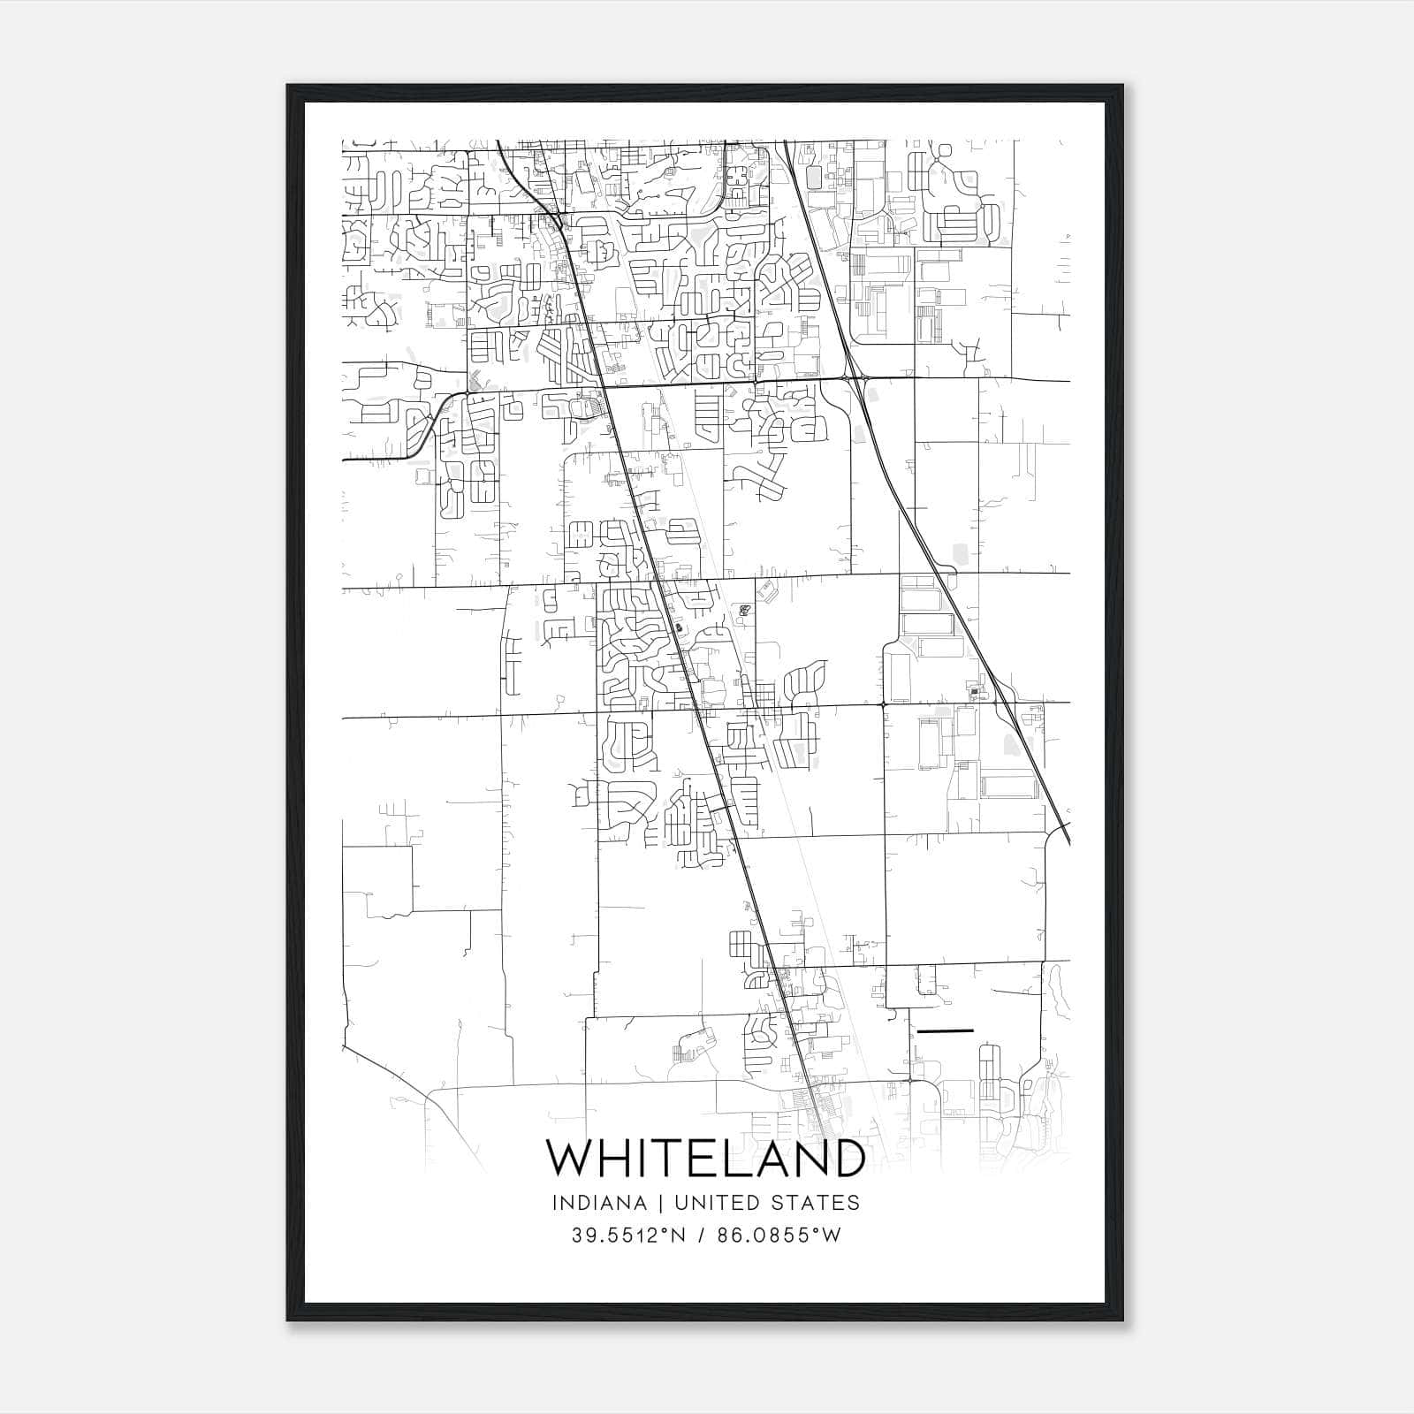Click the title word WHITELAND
[705, 1159]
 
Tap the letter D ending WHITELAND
[847, 1159]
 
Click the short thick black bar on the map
[946, 1030]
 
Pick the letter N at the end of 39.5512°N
[681, 1235]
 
